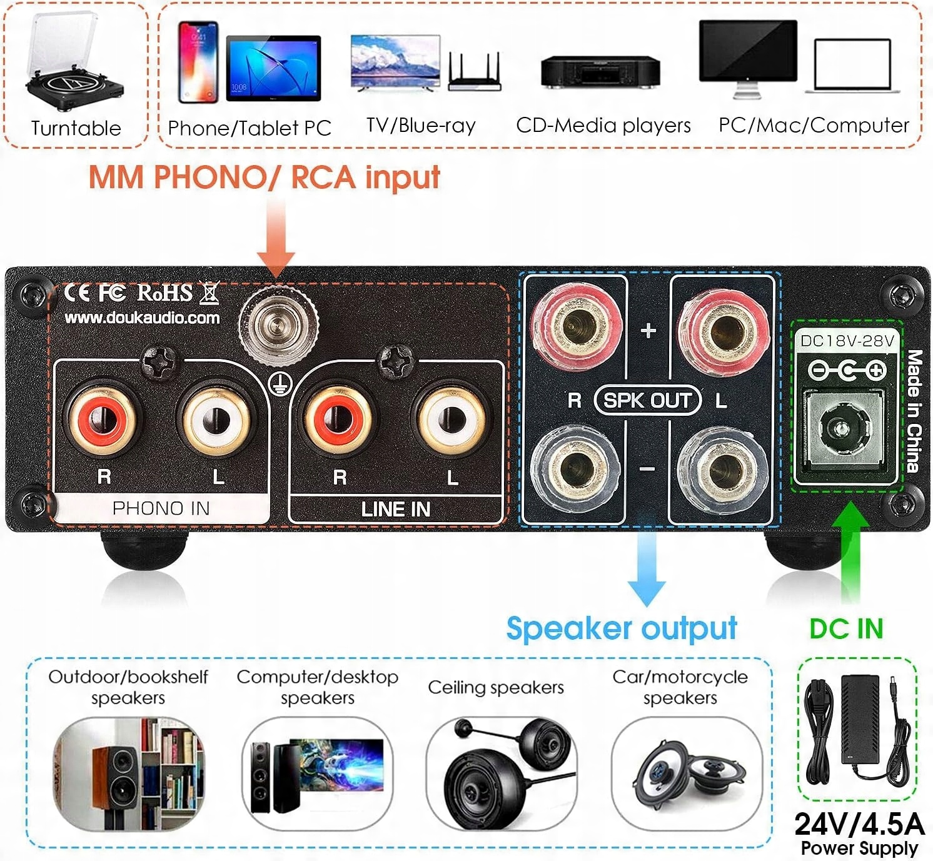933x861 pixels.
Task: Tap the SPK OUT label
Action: click(x=647, y=400)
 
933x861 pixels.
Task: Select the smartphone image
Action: click(x=198, y=63)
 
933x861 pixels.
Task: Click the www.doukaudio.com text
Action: click(x=143, y=318)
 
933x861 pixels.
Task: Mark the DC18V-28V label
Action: click(x=848, y=341)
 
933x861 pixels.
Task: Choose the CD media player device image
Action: click(x=600, y=71)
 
